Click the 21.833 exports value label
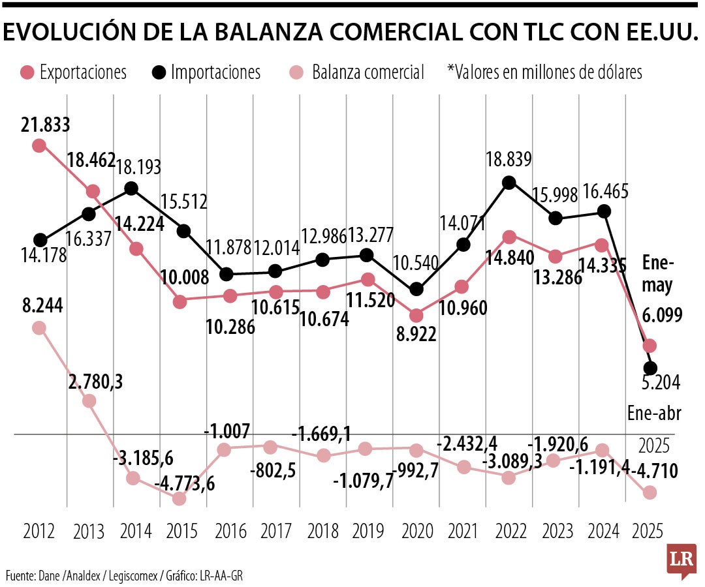46,124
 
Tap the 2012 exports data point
39,145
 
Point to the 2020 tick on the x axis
416,531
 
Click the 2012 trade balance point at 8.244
39,327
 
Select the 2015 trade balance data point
180,498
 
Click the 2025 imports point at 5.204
650,368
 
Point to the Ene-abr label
653,414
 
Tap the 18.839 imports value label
509,159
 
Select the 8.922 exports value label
415,335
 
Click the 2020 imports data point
416,289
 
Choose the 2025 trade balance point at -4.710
649,492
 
